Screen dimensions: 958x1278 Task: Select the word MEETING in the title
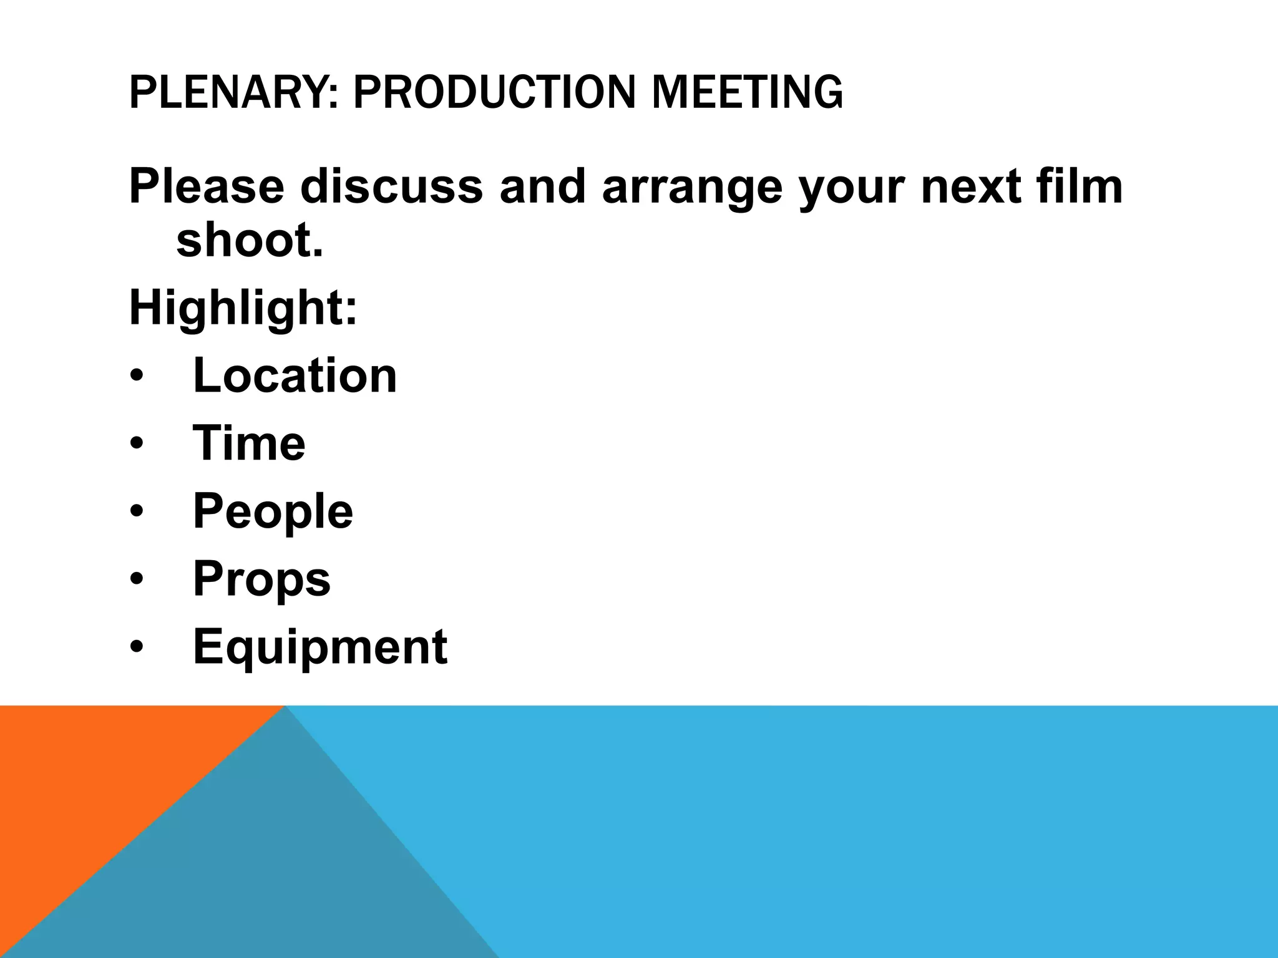click(747, 92)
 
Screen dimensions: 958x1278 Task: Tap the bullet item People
click(273, 511)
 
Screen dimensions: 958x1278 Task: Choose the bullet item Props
click(261, 579)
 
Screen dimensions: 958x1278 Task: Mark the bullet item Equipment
click(320, 647)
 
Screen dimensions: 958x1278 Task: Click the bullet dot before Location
click(137, 377)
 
